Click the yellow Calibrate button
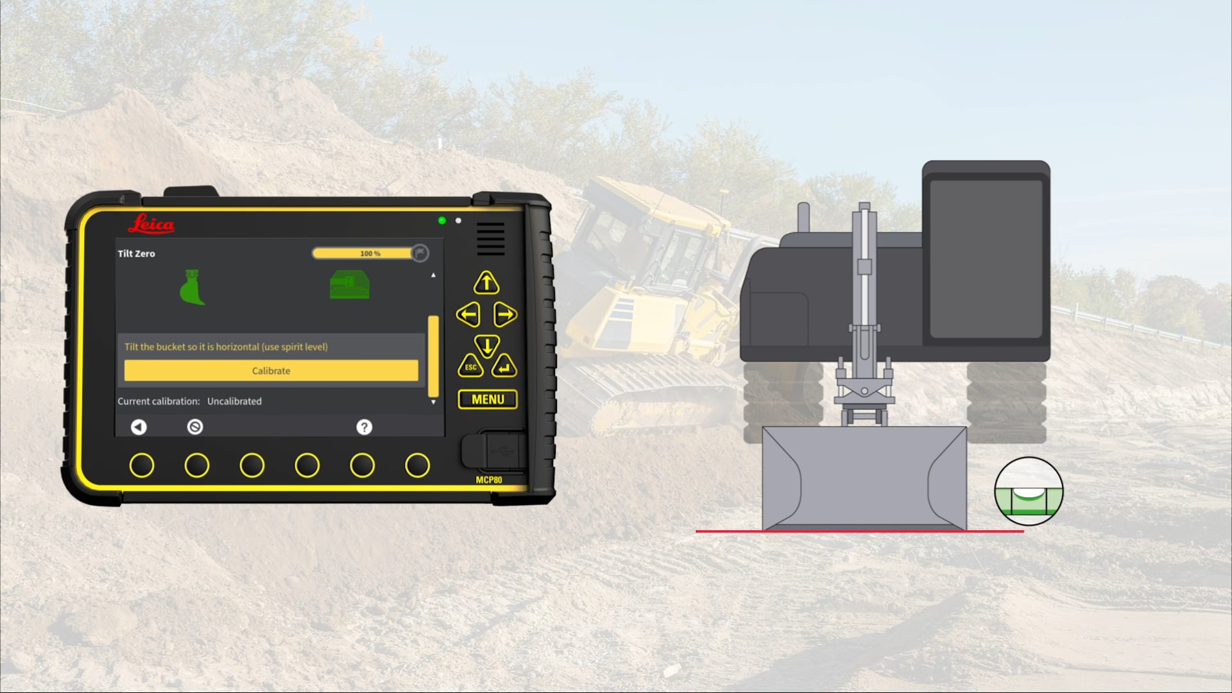tap(271, 370)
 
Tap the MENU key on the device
tap(488, 399)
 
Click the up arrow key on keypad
tap(486, 282)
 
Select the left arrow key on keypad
tap(468, 314)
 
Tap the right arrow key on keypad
tap(505, 314)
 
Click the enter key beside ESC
tap(504, 367)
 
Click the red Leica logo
tap(151, 224)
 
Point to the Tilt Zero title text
tap(136, 253)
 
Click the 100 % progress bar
tap(364, 253)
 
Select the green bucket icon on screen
tap(192, 287)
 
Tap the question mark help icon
tap(364, 427)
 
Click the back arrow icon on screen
tap(139, 427)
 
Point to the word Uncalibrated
tap(234, 401)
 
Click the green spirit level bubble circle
tap(1029, 492)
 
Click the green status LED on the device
tap(441, 220)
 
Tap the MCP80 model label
tap(488, 479)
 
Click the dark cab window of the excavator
tap(986, 258)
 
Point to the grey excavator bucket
tap(864, 478)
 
